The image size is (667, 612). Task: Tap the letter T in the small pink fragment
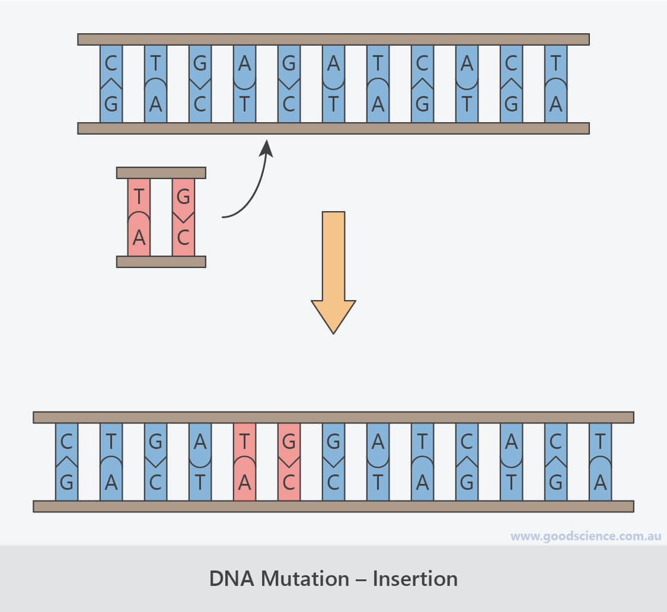click(x=139, y=195)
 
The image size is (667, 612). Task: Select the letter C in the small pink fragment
click(x=183, y=238)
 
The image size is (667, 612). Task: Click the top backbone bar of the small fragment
click(x=161, y=173)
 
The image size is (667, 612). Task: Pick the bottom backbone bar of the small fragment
click(x=161, y=262)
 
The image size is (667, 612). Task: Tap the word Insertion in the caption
click(x=415, y=578)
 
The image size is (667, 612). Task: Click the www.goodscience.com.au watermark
click(x=585, y=536)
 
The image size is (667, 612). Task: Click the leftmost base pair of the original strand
click(x=111, y=84)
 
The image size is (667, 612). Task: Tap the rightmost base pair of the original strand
click(x=556, y=84)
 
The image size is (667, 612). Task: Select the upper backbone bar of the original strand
click(x=333, y=39)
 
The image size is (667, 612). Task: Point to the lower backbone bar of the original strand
click(x=333, y=128)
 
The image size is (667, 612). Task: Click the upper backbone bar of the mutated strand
click(x=333, y=417)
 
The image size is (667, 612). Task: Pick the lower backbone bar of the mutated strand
click(x=333, y=506)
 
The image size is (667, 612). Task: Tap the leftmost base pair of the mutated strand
click(x=66, y=461)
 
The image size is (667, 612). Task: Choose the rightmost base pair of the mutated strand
click(x=600, y=461)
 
